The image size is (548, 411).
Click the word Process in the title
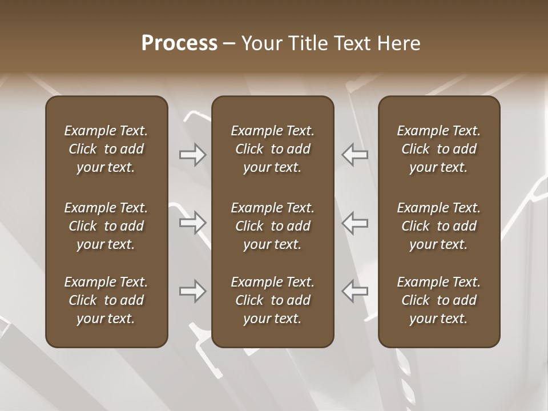pos(179,43)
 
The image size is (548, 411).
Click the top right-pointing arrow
pos(193,155)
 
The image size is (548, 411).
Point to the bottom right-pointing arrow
pos(193,291)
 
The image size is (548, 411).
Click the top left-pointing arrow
pos(354,155)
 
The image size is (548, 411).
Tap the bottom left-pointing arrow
pos(354,291)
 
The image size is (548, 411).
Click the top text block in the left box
pos(106,149)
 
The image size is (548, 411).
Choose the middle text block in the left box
pos(106,226)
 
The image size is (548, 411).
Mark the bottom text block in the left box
pos(106,300)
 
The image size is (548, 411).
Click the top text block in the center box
pos(272,149)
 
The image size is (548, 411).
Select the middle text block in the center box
pos(272,226)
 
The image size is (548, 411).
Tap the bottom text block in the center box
pos(272,300)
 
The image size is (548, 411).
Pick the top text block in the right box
pos(438,149)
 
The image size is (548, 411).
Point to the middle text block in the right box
pos(438,226)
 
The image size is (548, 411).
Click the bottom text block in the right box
pos(438,300)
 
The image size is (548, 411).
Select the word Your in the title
pos(261,43)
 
